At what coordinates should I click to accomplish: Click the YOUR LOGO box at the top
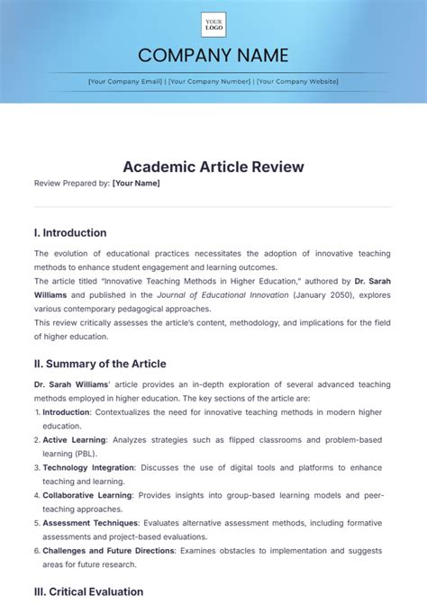213,24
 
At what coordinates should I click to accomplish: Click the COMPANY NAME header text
213,55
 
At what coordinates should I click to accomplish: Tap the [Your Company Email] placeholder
125,81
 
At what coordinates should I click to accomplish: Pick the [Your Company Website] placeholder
297,81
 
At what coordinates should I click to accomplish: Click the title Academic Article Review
213,167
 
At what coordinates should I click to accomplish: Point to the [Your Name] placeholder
136,183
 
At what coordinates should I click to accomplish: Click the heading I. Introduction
70,232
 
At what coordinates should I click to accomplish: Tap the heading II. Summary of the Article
100,364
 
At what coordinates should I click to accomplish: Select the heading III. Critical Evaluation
88,591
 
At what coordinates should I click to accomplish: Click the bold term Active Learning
74,439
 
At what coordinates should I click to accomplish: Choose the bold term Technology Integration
88,467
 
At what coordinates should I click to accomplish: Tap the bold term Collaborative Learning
86,495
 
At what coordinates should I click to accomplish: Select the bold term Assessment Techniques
90,522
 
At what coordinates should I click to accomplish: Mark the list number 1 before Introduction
37,411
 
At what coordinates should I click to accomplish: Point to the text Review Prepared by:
71,183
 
